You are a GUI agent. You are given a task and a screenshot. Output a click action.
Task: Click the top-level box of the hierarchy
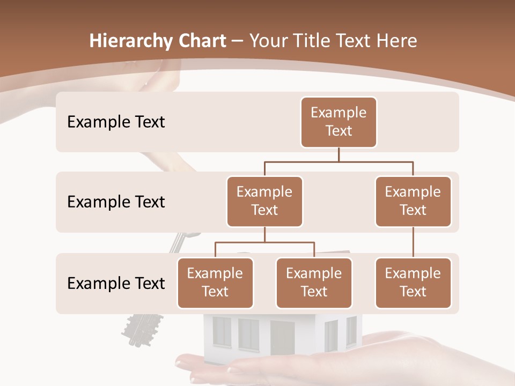click(339, 122)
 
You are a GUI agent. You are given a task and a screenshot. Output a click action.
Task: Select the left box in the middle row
click(264, 202)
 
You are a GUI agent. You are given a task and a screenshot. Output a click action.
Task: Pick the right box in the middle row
click(413, 202)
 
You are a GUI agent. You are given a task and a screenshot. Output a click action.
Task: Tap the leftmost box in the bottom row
click(215, 283)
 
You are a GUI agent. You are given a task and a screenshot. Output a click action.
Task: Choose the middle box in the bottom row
click(314, 283)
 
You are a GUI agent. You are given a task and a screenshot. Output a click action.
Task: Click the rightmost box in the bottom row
click(413, 283)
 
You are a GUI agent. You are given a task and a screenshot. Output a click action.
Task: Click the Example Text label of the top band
click(116, 122)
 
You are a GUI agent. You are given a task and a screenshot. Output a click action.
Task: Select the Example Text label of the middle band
click(116, 202)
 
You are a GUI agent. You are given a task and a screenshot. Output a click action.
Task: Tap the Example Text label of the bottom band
click(116, 283)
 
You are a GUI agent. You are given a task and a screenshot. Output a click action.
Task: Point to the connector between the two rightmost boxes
click(413, 242)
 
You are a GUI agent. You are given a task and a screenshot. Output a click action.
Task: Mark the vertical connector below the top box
click(339, 154)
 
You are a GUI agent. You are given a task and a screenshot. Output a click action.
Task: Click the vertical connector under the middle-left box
click(264, 235)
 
